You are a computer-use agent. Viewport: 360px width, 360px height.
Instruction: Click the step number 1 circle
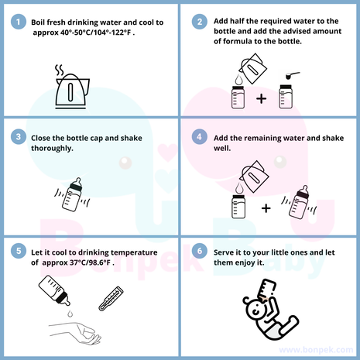pos(19,22)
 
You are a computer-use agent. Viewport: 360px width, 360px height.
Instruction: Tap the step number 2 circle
pos(200,22)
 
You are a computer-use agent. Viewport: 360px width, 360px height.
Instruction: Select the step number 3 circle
pos(19,136)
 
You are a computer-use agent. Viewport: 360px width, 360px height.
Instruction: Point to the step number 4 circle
pos(200,136)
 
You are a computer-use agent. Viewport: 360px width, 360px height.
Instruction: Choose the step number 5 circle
pos(19,251)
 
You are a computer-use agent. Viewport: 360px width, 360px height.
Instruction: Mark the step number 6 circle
pos(200,251)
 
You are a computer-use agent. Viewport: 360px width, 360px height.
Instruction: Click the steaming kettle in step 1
pos(72,87)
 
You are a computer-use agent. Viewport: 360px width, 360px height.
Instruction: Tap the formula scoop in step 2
pos(293,75)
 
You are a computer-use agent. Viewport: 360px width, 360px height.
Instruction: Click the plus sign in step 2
pos(261,98)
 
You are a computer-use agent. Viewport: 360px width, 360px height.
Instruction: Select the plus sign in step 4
pos(266,208)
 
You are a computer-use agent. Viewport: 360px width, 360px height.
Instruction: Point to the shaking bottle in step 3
pos(73,194)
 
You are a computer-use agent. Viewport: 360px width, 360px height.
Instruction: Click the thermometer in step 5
pos(111,298)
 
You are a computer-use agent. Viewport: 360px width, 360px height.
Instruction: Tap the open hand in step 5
pos(75,333)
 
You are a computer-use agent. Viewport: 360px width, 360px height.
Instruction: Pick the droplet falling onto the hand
pos(70,314)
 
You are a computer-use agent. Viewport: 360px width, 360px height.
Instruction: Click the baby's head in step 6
pos(255,310)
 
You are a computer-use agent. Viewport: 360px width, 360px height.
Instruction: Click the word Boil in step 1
pos(38,22)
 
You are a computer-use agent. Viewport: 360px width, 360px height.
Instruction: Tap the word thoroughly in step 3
pos(52,149)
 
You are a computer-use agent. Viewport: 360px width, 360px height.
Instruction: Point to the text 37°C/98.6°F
pos(90,262)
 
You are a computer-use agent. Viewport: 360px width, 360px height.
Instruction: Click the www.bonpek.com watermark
pos(316,350)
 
